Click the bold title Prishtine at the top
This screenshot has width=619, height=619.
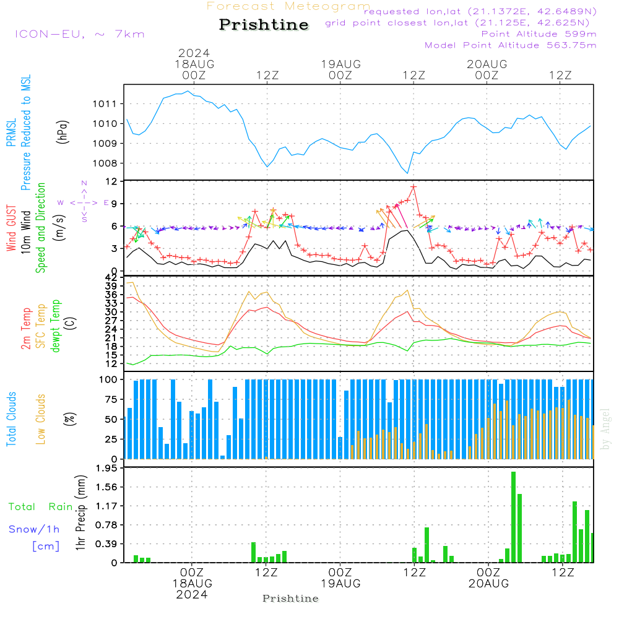click(x=264, y=25)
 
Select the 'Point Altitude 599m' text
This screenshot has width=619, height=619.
click(x=539, y=34)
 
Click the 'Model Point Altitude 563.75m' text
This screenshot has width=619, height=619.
click(x=510, y=45)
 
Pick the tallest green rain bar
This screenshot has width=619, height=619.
click(x=513, y=517)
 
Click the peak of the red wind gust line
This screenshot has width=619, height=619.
click(x=413, y=186)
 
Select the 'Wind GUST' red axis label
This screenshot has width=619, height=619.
click(x=12, y=229)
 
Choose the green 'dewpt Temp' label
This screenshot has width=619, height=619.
click(x=56, y=326)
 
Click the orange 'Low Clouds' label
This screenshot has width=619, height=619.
click(x=41, y=419)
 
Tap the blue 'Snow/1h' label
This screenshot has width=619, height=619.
click(x=34, y=529)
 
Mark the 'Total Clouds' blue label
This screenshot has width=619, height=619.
click(x=12, y=419)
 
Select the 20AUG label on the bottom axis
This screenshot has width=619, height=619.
click(x=488, y=584)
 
